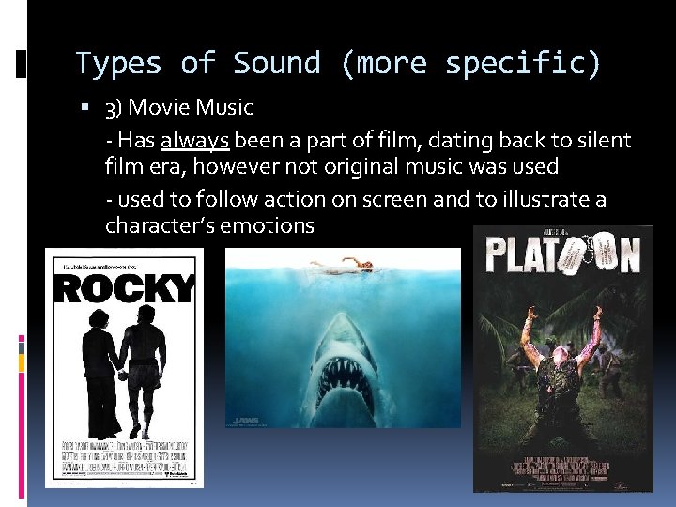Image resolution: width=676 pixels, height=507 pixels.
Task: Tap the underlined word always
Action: click(195, 141)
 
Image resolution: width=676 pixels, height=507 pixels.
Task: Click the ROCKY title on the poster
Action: click(124, 290)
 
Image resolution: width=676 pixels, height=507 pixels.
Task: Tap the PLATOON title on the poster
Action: click(562, 254)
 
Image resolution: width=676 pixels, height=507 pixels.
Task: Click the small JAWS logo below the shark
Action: click(247, 420)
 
